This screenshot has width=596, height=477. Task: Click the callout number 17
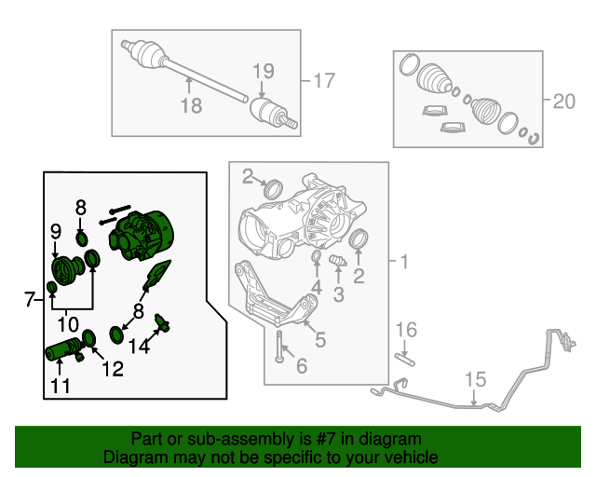click(322, 81)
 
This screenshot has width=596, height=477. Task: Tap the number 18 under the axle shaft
click(191, 106)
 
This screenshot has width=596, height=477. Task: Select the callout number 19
click(264, 71)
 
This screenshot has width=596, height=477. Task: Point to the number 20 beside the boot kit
click(564, 102)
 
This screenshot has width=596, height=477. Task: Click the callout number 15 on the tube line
click(475, 379)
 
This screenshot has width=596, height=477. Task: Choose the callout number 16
click(407, 329)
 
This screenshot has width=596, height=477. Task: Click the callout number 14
click(138, 348)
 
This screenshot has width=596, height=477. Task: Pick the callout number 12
click(112, 369)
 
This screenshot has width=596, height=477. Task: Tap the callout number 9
click(55, 230)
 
